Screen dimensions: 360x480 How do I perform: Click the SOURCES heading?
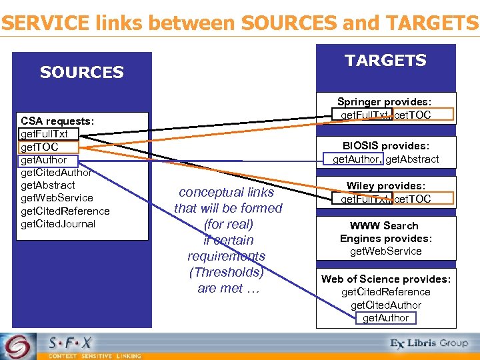click(x=82, y=72)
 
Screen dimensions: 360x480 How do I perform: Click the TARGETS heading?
click(x=385, y=61)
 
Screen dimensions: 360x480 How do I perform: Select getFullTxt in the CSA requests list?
click(x=44, y=134)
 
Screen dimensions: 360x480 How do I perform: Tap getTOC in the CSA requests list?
click(x=40, y=147)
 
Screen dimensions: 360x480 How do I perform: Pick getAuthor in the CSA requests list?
click(x=44, y=160)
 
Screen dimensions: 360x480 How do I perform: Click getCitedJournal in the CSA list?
click(x=58, y=224)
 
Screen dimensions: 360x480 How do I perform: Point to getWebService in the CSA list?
click(x=57, y=198)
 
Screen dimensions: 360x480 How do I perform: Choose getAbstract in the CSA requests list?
click(x=48, y=185)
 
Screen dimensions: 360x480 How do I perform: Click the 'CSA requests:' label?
click(x=57, y=121)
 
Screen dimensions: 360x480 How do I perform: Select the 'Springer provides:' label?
click(x=385, y=102)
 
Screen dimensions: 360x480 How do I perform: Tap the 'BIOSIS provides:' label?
click(x=385, y=146)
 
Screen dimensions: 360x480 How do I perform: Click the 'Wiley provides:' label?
click(x=385, y=186)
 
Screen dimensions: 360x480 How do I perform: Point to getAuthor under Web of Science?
click(x=385, y=318)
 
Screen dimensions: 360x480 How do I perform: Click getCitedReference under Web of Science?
click(x=385, y=292)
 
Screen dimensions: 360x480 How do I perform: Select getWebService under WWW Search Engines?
click(x=385, y=251)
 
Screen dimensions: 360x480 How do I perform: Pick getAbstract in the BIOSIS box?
click(x=413, y=159)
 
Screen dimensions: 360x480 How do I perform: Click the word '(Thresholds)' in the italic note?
click(x=227, y=272)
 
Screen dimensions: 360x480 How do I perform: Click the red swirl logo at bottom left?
click(x=17, y=346)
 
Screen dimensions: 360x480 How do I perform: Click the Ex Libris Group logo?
click(x=429, y=343)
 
